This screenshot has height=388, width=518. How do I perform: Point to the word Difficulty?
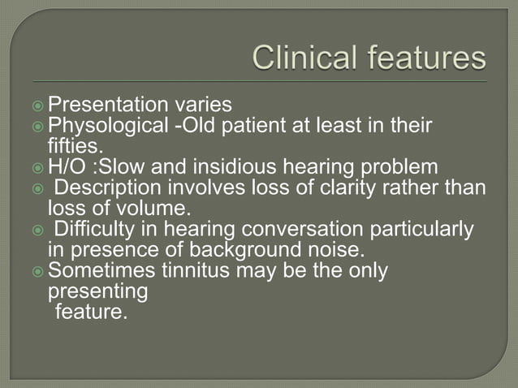point(91,230)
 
